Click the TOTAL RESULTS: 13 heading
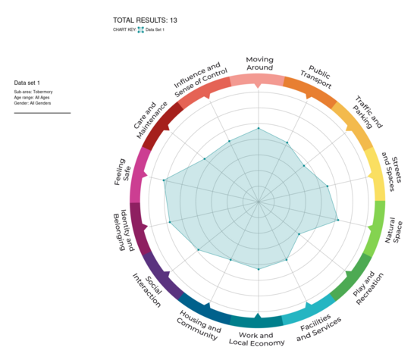(x=145, y=20)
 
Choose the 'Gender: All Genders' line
(x=34, y=103)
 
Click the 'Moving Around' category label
(x=259, y=64)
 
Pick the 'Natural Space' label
(x=395, y=227)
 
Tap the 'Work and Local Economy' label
(x=256, y=339)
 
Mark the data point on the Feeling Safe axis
(x=164, y=180)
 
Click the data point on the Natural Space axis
(x=337, y=221)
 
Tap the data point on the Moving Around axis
(x=258, y=129)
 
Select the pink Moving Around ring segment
(x=258, y=80)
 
